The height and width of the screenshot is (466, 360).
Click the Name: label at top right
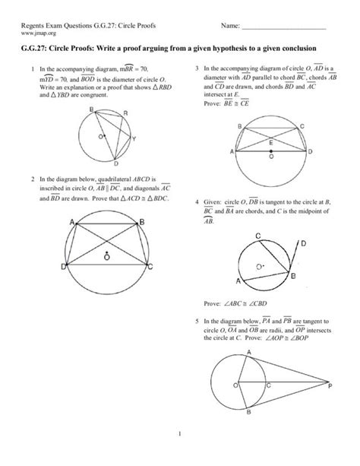[x=230, y=27]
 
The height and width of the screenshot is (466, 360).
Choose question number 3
[x=197, y=69]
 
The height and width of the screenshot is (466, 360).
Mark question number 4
[x=197, y=203]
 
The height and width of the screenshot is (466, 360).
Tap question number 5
[x=197, y=322]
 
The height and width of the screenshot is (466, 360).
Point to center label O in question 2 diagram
[x=109, y=258]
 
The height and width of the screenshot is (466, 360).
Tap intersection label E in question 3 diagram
[x=270, y=141]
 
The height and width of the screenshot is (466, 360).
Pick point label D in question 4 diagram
[x=303, y=243]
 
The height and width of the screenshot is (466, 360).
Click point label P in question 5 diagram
[x=329, y=386]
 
